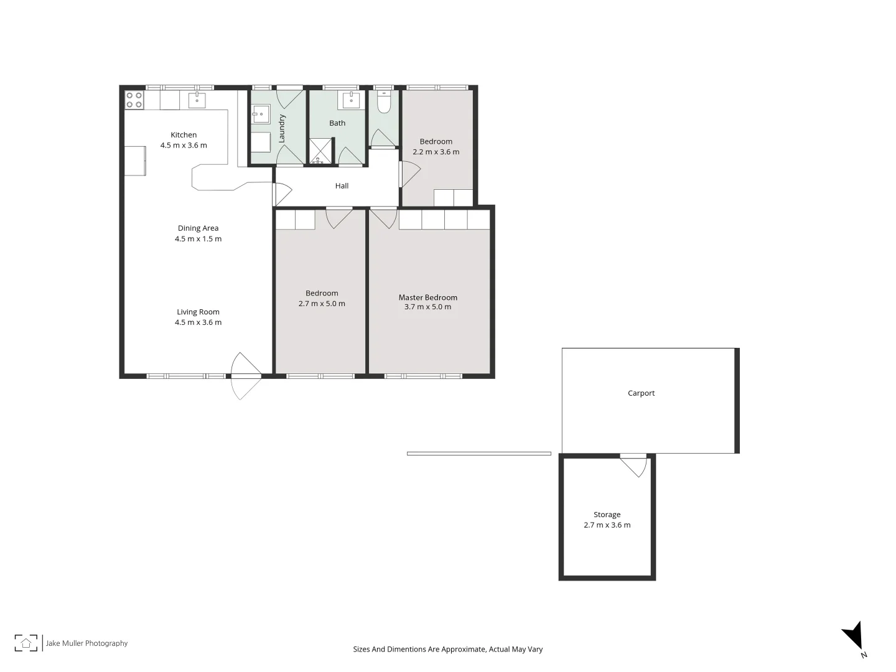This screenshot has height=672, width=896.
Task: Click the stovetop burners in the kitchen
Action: pos(134,100)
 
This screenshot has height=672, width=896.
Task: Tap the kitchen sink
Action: pos(197,100)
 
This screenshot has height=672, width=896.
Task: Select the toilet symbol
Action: pos(384,102)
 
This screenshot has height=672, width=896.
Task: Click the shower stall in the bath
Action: pos(322,151)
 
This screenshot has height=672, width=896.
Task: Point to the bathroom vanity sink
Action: pos(352,100)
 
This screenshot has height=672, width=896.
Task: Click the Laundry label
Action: pos(282,128)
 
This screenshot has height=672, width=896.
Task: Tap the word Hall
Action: pos(342,185)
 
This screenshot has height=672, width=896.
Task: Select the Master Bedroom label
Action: pos(428,297)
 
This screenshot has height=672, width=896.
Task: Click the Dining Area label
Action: pos(198,228)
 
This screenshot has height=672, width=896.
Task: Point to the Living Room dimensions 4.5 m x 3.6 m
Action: pos(198,322)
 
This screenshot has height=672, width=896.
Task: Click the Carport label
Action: pos(641,393)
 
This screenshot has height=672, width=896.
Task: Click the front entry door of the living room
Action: pos(246,375)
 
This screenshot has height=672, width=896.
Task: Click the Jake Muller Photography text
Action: pos(86,643)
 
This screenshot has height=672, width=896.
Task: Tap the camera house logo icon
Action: pos(26,643)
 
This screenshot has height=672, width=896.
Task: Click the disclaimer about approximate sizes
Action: pos(447,649)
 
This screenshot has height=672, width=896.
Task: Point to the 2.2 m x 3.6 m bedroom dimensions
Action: pos(436,152)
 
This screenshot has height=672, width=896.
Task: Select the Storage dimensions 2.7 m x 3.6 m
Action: pos(607,525)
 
